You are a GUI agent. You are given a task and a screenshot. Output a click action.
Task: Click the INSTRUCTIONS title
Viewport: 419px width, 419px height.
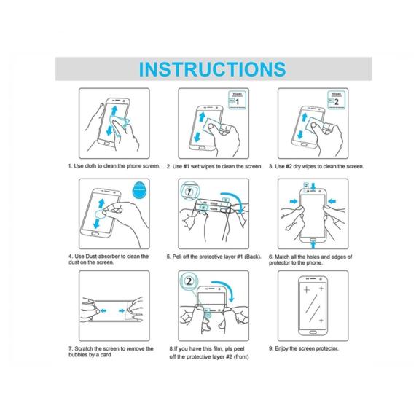(213, 69)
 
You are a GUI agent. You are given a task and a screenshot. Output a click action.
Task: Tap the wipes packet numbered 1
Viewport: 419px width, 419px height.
(237, 100)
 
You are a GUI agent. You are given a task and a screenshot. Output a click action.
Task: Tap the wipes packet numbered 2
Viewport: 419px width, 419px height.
(336, 100)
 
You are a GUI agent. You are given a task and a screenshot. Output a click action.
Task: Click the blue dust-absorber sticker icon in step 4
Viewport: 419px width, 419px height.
(138, 189)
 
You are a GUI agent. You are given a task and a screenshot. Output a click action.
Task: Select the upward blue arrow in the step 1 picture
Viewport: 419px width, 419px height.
(114, 110)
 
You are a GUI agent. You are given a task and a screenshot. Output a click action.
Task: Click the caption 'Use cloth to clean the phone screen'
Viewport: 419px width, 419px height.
(114, 166)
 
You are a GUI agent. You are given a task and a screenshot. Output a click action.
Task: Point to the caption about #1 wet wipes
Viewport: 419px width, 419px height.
(214, 166)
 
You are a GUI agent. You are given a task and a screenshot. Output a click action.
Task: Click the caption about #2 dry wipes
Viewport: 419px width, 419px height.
(316, 166)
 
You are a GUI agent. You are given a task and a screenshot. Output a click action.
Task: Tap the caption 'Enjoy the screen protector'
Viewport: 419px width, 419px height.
(304, 348)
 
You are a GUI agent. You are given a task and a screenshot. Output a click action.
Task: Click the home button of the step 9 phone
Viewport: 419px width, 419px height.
(313, 332)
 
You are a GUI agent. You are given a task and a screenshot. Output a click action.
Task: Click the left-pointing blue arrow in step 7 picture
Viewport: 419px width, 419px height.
(103, 310)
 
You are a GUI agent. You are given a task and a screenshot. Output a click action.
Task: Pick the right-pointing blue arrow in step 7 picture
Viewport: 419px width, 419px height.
(122, 310)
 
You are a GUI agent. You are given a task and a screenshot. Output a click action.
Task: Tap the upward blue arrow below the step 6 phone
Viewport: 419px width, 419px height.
(313, 245)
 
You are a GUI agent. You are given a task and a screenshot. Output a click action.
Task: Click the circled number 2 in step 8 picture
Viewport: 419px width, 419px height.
(189, 281)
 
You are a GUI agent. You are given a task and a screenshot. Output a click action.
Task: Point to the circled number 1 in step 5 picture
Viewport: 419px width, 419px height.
(189, 192)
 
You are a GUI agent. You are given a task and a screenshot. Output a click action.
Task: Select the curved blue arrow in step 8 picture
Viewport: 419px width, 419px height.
(226, 287)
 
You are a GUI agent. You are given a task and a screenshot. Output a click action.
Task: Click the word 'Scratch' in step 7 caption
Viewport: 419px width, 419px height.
(84, 349)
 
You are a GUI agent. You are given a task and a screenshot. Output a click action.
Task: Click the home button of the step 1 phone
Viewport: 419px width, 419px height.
(106, 144)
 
